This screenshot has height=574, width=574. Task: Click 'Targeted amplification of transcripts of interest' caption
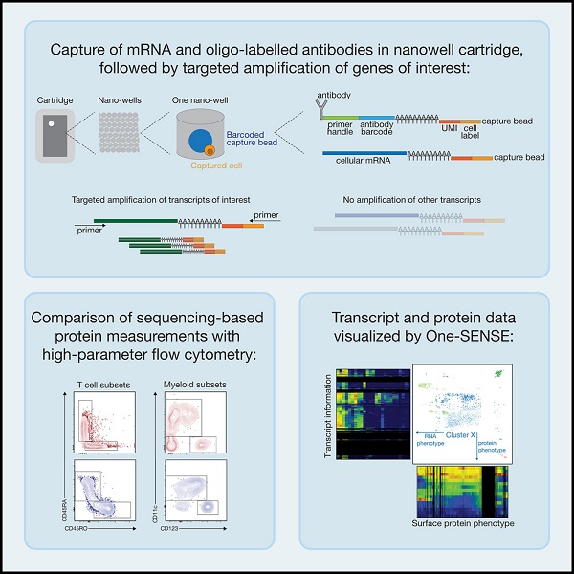coord(161,199)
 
